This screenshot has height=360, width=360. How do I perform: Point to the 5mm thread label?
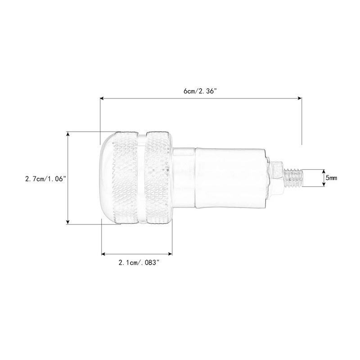click(x=331, y=179)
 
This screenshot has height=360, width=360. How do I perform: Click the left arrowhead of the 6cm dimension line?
click(x=102, y=97)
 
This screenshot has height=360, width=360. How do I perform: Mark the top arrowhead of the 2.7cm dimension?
click(x=67, y=134)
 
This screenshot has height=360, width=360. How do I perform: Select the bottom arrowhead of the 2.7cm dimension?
click(x=67, y=221)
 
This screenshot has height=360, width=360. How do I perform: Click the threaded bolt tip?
click(x=295, y=178)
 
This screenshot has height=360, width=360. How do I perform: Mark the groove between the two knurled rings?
click(x=143, y=178)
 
